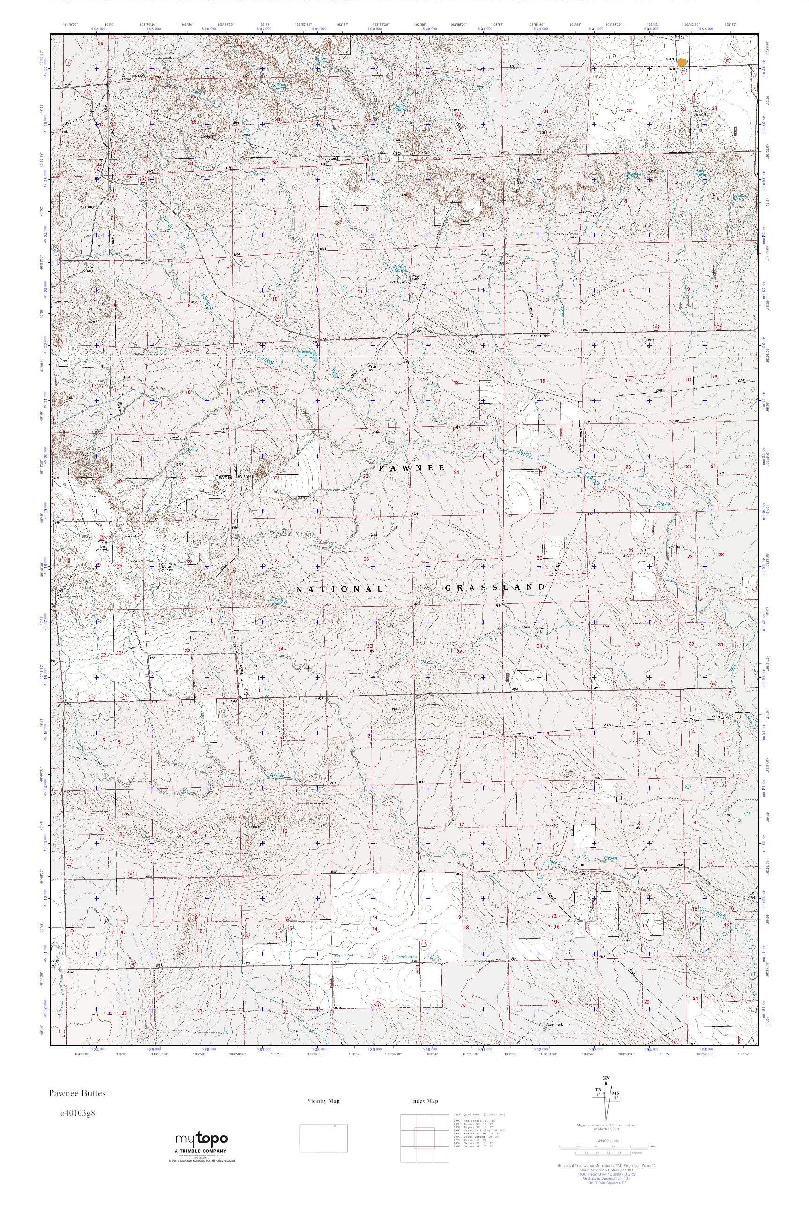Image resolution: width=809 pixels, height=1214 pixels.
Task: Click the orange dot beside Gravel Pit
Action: (682, 62)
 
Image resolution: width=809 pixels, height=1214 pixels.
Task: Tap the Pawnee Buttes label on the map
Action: (233, 477)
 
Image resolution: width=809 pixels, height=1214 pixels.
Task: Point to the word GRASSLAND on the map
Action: (494, 587)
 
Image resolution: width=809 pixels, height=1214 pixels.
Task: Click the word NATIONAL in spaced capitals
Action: (340, 588)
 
